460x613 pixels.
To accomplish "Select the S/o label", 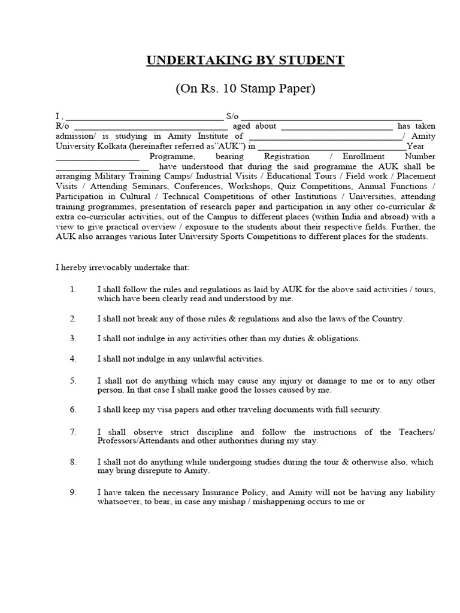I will pyautogui.click(x=232, y=116).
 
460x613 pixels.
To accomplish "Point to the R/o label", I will pyautogui.click(x=62, y=126).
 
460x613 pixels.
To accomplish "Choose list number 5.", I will pyautogui.click(x=73, y=381).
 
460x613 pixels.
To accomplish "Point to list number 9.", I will pyautogui.click(x=73, y=493).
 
